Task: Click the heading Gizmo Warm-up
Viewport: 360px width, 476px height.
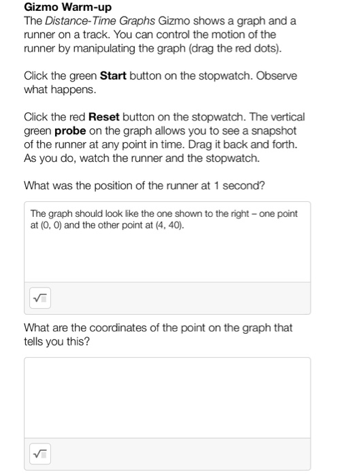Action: pyautogui.click(x=67, y=7)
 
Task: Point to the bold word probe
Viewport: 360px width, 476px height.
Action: pyautogui.click(x=78, y=131)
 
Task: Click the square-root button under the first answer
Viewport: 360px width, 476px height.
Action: pyautogui.click(x=41, y=298)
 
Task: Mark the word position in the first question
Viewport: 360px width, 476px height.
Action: pyautogui.click(x=120, y=185)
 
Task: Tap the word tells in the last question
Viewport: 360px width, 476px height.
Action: pyautogui.click(x=36, y=341)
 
